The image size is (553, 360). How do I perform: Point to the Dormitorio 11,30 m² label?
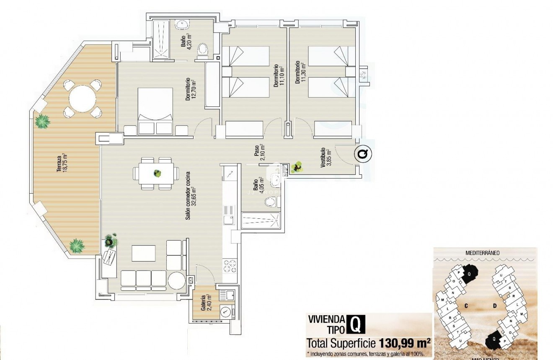[x=300, y=73]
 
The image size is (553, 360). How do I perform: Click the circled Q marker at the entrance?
[x=363, y=154]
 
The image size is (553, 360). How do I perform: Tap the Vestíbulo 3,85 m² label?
[x=325, y=158]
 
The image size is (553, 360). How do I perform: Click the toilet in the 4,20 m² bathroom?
[x=203, y=50]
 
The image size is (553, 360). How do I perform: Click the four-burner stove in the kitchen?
[x=229, y=266]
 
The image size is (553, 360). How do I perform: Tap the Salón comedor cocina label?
[x=191, y=195]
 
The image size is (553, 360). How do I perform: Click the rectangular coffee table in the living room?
[x=144, y=254]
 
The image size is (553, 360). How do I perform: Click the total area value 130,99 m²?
[x=405, y=343]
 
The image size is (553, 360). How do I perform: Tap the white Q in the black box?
[x=355, y=324]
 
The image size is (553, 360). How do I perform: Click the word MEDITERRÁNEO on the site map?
[x=485, y=253]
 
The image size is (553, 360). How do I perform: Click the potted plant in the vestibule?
[x=298, y=167]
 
